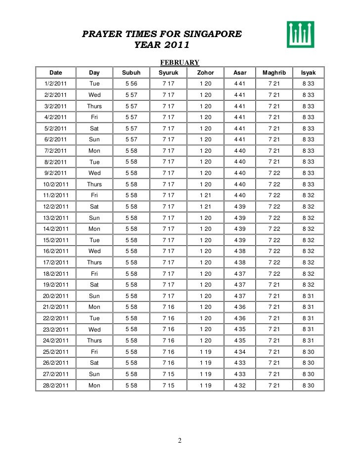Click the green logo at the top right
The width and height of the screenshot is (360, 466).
click(301, 35)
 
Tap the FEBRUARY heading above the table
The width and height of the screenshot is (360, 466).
click(179, 62)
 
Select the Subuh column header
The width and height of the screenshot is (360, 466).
click(131, 73)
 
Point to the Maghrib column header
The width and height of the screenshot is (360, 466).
click(273, 73)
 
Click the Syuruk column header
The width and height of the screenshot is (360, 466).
click(168, 73)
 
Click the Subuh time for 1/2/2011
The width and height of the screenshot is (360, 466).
click(131, 84)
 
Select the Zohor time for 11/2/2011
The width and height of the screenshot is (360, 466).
click(205, 195)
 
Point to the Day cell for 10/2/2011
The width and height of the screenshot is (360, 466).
click(94, 184)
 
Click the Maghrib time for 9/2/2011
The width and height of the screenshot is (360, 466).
click(273, 173)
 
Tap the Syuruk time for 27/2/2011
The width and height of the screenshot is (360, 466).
click(168, 374)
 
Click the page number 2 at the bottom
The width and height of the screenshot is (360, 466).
click(180, 441)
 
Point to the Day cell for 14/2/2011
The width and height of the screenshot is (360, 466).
click(94, 229)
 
